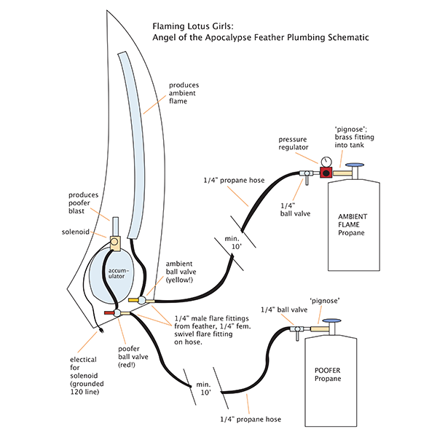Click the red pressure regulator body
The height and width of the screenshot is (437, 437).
pyautogui.click(x=324, y=173)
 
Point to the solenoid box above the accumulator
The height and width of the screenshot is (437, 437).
pyautogui.click(x=116, y=240)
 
